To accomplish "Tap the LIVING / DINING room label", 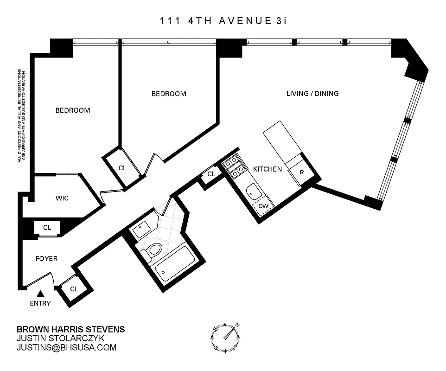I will point(312,94).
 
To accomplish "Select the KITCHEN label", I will point(267,169).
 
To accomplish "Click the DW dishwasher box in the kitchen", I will point(263,206).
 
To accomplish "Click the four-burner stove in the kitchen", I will point(232,167).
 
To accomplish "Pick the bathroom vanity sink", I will point(139,230).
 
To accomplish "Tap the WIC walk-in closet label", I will point(62,198).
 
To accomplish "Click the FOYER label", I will point(47,258).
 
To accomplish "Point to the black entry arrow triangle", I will point(41,294).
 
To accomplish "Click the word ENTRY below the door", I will point(40,304).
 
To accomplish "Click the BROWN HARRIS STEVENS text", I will point(70,329).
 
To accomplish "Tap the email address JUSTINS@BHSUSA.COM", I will point(66,347).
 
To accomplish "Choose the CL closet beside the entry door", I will point(74,288).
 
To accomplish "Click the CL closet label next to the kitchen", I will point(211,174).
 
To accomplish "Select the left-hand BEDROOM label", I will point(73,110).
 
